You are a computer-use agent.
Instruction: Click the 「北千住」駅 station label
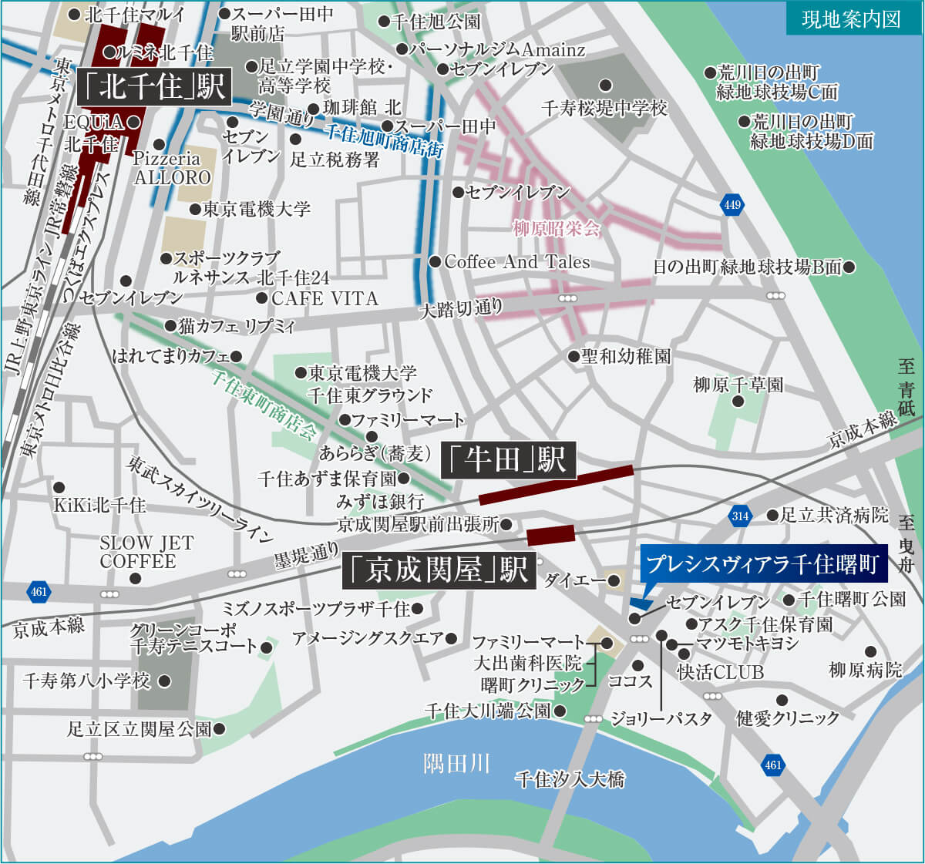153,87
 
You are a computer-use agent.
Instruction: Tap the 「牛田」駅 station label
508,460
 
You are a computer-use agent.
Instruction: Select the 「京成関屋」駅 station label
439,569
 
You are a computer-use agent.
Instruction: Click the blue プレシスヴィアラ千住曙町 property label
763,563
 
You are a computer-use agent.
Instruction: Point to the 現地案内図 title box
851,18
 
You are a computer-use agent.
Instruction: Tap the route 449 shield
732,204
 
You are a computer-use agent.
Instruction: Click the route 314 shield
740,516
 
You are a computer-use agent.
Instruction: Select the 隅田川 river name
456,764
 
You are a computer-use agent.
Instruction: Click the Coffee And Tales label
516,262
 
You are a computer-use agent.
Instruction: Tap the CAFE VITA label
325,298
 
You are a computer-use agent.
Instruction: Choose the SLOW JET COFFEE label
146,552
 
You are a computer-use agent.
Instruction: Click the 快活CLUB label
720,672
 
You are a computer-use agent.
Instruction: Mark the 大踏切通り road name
461,310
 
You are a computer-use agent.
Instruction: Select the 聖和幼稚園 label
626,356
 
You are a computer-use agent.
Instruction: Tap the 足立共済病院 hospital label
834,515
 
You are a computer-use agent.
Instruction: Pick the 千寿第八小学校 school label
86,681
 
